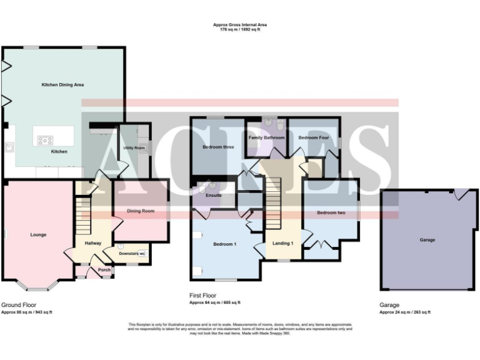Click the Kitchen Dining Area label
point(62,84)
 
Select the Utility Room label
point(134,148)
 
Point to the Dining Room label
point(141,211)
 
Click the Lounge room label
point(38,235)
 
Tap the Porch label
point(95,270)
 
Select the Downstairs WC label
point(132,254)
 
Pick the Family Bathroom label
point(267,137)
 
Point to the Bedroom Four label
point(313,137)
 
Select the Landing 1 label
point(283,244)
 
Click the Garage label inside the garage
point(427,239)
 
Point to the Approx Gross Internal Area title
point(240,25)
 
